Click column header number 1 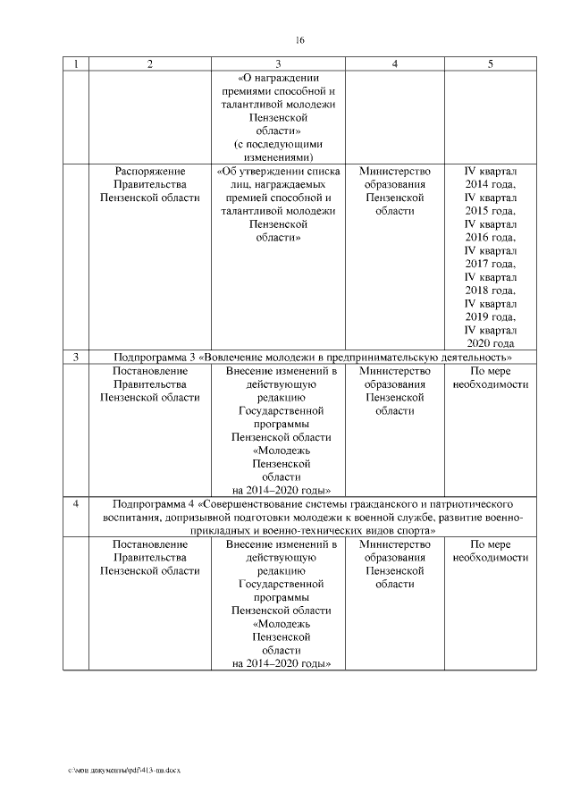click(75, 64)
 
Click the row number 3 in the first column click(75, 358)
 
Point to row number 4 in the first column click(75, 503)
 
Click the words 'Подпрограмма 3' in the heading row click(157, 358)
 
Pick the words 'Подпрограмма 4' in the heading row click(157, 503)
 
